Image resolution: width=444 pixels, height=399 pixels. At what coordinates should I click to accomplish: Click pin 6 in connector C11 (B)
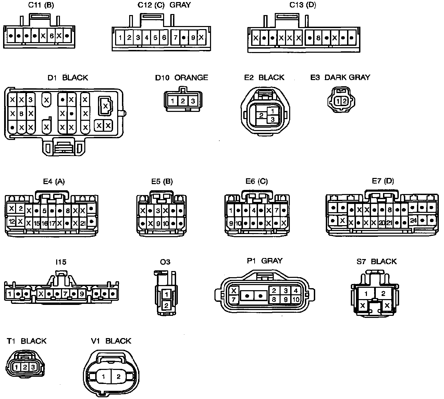[x=51, y=36]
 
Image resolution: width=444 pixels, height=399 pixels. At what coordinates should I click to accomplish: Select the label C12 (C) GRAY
[x=164, y=5]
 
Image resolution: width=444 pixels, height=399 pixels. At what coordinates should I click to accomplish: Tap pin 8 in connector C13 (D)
[x=318, y=38]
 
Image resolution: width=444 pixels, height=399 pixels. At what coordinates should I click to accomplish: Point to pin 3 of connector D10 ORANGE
[x=193, y=101]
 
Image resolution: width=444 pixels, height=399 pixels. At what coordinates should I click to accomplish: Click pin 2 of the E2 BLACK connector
[x=261, y=115]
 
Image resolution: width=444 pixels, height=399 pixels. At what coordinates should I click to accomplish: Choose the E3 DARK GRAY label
[x=340, y=77]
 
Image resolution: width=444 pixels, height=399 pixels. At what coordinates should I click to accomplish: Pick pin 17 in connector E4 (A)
[x=52, y=223]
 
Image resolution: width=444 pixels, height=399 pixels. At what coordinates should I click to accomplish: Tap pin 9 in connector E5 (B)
[x=158, y=224]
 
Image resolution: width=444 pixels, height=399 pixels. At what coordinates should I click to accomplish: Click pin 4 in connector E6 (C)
[x=254, y=210]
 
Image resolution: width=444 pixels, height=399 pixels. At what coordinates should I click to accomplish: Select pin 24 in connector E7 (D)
[x=413, y=220]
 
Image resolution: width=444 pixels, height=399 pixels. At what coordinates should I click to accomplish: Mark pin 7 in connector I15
[x=65, y=294]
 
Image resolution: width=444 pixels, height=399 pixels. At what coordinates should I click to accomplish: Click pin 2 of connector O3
[x=166, y=305]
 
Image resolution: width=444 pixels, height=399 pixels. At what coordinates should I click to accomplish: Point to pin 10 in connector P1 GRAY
[x=295, y=299]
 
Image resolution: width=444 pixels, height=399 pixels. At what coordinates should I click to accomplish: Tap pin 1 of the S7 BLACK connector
[x=366, y=294]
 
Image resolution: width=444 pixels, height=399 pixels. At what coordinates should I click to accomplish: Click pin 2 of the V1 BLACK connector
[x=118, y=377]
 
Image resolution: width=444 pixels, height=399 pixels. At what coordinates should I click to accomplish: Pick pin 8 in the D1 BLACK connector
[x=21, y=113]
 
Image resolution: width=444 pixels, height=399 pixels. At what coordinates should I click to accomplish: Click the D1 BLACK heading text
[x=67, y=78]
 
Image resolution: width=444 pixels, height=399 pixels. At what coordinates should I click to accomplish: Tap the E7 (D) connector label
[x=383, y=181]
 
